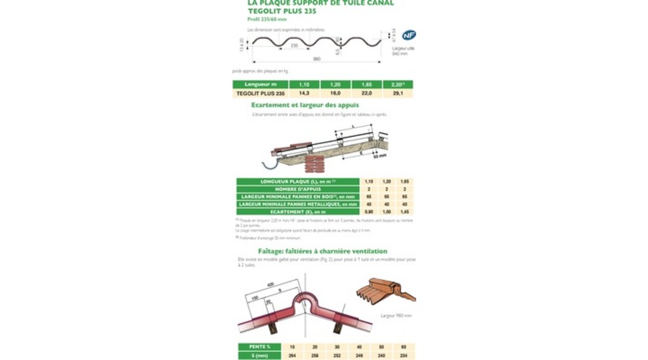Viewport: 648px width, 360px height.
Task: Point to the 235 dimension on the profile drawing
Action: tap(294, 45)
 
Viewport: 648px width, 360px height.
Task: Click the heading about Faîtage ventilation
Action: tap(328, 251)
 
